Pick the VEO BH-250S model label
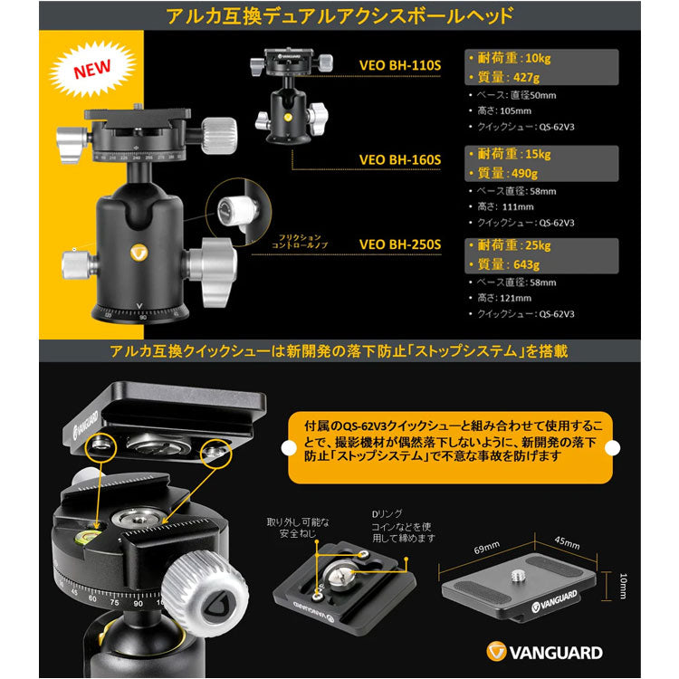(x=399, y=244)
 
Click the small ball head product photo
(x=290, y=98)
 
